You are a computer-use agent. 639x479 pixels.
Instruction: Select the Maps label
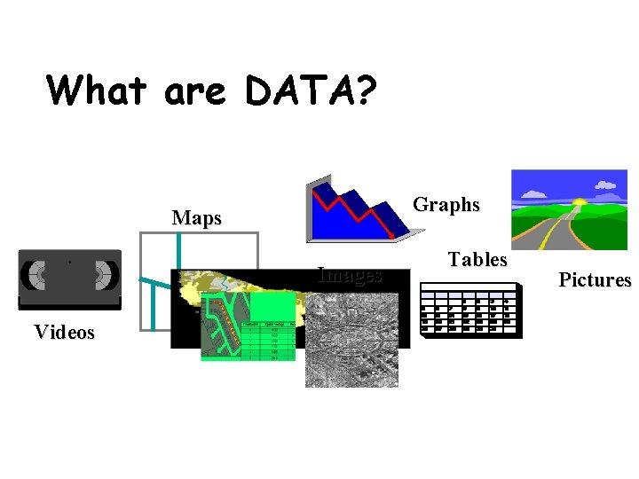pyautogui.click(x=197, y=218)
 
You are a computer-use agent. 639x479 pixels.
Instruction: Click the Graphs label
pyautogui.click(x=446, y=205)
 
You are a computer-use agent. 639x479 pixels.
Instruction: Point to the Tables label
pyautogui.click(x=477, y=260)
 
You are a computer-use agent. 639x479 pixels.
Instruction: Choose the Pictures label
pyautogui.click(x=595, y=280)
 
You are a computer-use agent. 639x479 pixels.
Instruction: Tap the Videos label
pyautogui.click(x=64, y=333)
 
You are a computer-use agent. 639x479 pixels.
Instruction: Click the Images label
pyautogui.click(x=350, y=275)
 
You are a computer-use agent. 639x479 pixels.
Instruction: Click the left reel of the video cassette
pyautogui.click(x=38, y=275)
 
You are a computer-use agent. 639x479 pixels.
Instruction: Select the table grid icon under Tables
pyautogui.click(x=470, y=310)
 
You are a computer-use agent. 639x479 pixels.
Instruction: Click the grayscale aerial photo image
pyautogui.click(x=351, y=346)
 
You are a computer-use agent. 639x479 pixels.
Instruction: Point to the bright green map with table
pyautogui.click(x=248, y=328)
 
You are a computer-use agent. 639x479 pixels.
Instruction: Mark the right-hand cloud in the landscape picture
pyautogui.click(x=606, y=185)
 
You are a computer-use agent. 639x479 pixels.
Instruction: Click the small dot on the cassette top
pyautogui.click(x=69, y=262)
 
